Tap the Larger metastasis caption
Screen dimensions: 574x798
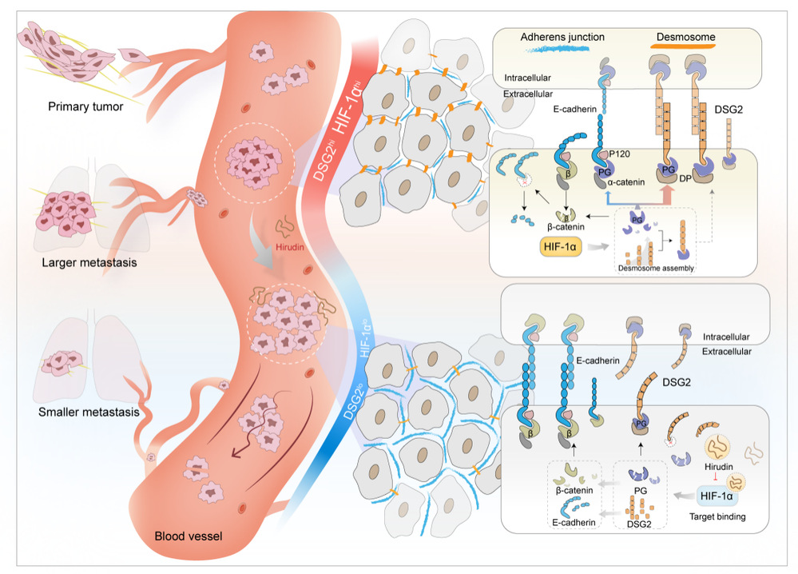point(86,261)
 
